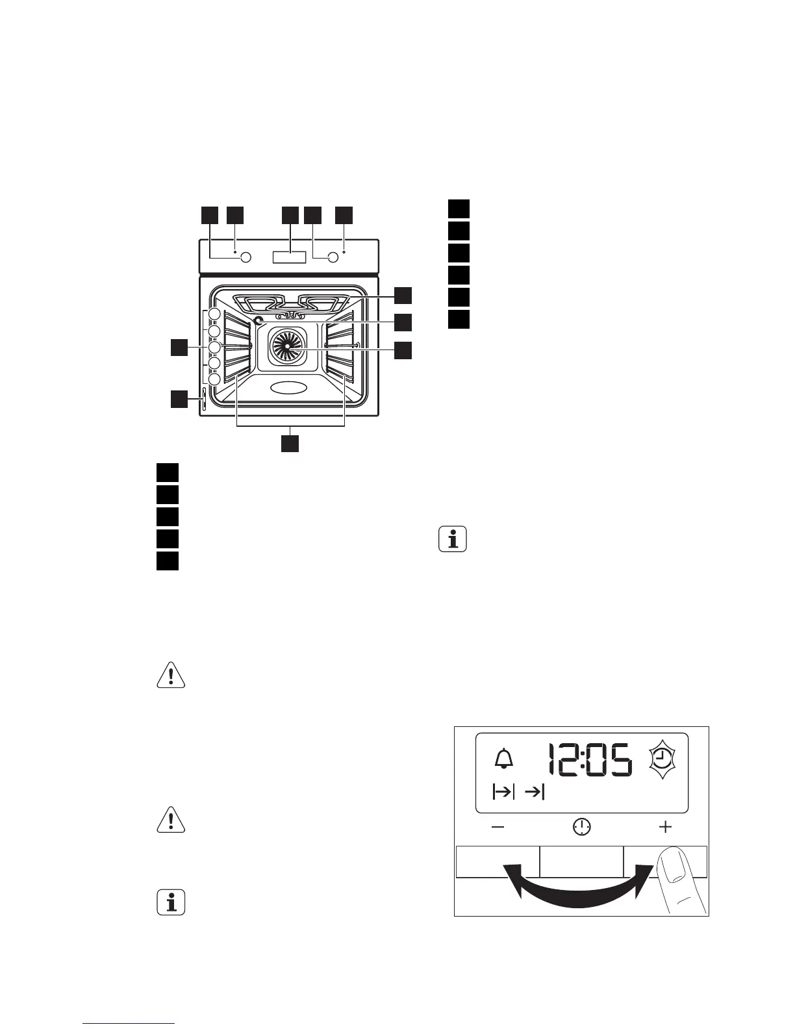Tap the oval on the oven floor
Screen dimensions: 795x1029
[289, 388]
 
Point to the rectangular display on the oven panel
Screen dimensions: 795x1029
[289, 257]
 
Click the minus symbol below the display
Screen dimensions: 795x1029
[498, 827]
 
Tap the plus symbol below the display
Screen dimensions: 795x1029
[665, 827]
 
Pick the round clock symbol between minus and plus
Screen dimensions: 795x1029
[582, 827]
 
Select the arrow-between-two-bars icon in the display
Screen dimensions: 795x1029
[503, 792]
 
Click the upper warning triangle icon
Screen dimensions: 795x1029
[171, 676]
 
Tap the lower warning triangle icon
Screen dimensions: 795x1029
[171, 820]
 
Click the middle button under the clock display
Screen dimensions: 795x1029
[581, 861]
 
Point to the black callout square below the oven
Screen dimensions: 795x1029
[290, 443]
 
